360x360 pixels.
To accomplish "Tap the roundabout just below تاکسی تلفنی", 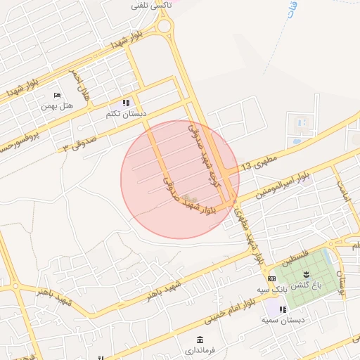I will click(x=165, y=27).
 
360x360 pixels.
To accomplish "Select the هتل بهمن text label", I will click(x=57, y=106).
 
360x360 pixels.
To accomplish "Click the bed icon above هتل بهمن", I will click(x=57, y=96).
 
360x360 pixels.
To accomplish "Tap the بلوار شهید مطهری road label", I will click(x=252, y=236).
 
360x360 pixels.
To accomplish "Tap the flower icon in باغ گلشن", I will click(x=307, y=274).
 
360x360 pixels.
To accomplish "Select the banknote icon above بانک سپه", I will click(x=271, y=278).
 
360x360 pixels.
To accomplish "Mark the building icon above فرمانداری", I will click(x=201, y=339).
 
